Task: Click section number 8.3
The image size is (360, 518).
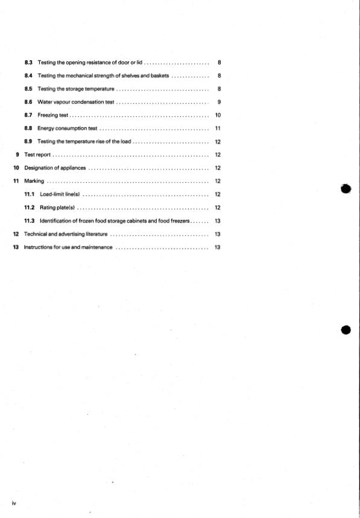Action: coord(28,62)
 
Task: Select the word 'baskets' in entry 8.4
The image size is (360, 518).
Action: coord(158,75)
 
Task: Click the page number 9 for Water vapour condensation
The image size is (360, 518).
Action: coord(219,102)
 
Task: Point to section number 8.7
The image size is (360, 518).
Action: coord(28,115)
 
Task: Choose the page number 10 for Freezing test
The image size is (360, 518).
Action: coord(218,115)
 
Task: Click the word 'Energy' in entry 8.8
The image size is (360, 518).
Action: coord(46,128)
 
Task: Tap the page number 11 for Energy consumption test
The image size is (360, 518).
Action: coord(218,128)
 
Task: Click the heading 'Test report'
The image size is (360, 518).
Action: coord(37,154)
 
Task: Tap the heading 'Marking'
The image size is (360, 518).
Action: coord(33,181)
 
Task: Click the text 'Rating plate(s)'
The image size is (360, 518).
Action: coord(57,207)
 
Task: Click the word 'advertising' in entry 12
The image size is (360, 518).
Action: coord(71,234)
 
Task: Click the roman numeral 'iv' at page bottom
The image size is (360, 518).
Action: coord(14,502)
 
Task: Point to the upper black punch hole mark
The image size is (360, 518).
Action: coord(346,188)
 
